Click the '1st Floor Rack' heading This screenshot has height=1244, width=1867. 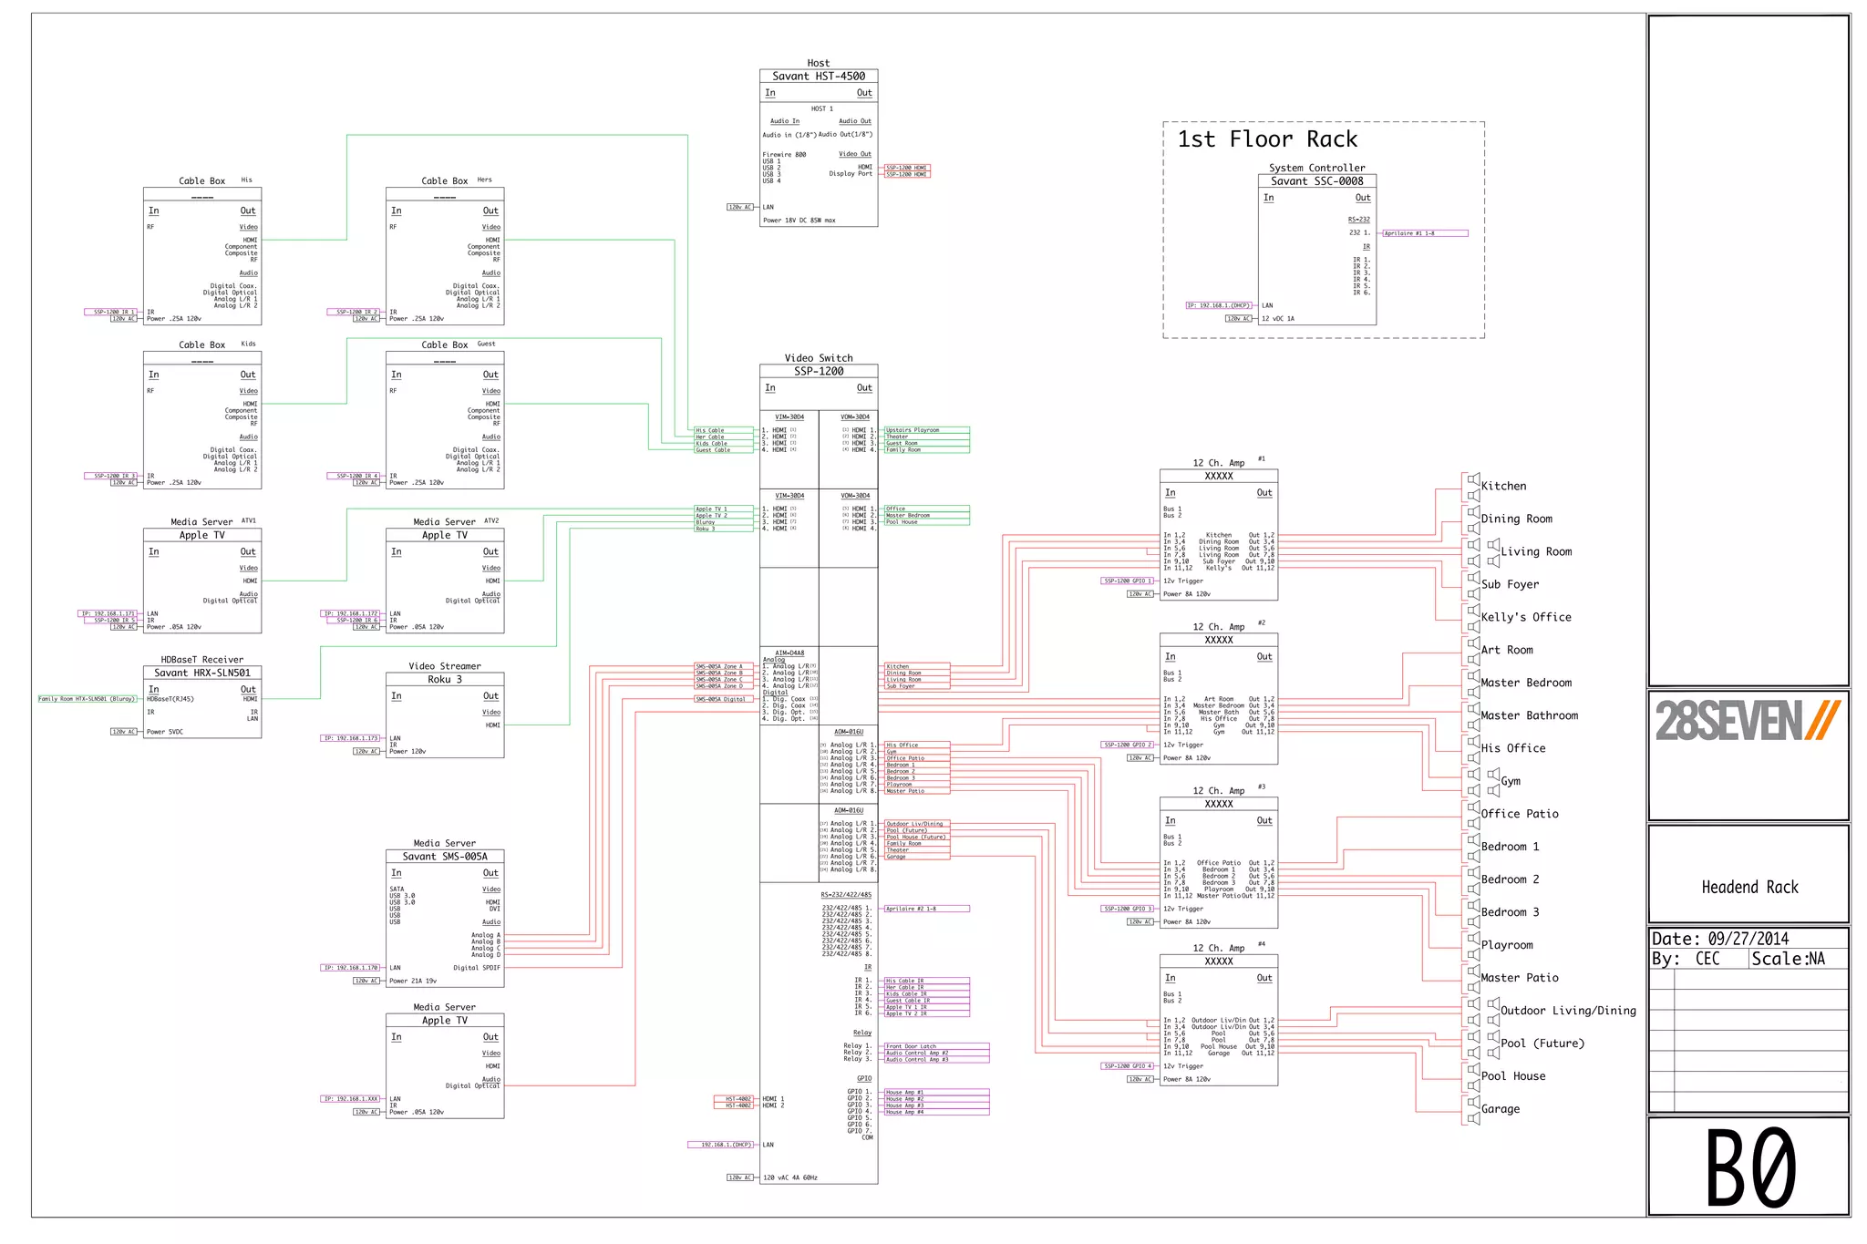pyautogui.click(x=1267, y=139)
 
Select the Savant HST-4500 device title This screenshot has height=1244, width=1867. pyautogui.click(x=818, y=77)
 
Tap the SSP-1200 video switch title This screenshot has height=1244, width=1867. pyautogui.click(x=818, y=372)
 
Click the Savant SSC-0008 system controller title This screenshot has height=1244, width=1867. pyautogui.click(x=1316, y=181)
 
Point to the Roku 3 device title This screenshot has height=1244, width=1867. pyautogui.click(x=445, y=680)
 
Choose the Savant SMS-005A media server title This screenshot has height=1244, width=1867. pyautogui.click(x=445, y=857)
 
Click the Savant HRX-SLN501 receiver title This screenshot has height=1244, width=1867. pyautogui.click(x=201, y=673)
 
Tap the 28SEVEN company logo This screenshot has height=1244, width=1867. pyautogui.click(x=1748, y=721)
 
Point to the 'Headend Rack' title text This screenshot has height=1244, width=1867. pyautogui.click(x=1749, y=888)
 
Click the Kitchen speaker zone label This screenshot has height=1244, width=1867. pyautogui.click(x=1503, y=487)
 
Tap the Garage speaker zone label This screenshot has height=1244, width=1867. pyautogui.click(x=1501, y=1109)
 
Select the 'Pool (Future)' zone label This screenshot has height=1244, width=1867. pyautogui.click(x=1542, y=1044)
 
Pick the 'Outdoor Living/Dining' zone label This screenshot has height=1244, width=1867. pyautogui.click(x=1568, y=1011)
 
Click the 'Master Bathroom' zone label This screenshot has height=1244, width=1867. pyautogui.click(x=1529, y=716)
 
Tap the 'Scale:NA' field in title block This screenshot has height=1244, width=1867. pyautogui.click(x=1788, y=959)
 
